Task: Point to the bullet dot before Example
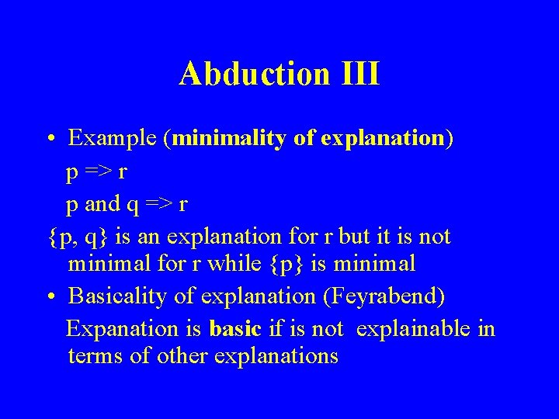tap(49, 140)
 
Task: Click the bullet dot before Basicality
tap(49, 297)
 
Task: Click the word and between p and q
tap(102, 203)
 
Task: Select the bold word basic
tap(234, 328)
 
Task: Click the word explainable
tap(414, 328)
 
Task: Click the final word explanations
tap(277, 357)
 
